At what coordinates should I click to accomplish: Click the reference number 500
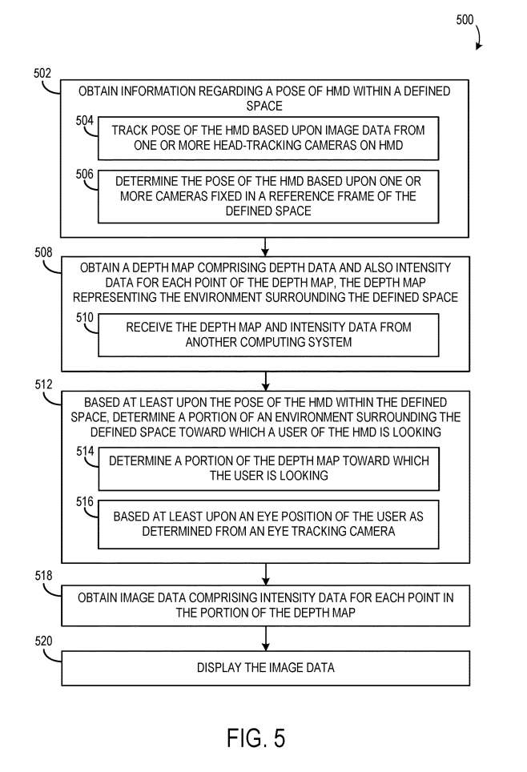pos(465,21)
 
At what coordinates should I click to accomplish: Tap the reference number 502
pos(42,73)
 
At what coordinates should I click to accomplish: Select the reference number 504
pos(85,122)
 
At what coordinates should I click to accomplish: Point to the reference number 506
pos(85,174)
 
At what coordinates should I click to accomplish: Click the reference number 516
pos(85,502)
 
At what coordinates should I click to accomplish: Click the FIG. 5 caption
pos(255,737)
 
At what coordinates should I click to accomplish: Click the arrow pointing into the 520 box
pos(265,639)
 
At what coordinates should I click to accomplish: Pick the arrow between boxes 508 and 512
pos(265,380)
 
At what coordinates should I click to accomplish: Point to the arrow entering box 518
pos(265,573)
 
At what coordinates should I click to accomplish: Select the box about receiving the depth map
pos(268,335)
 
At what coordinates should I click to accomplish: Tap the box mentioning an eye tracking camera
pos(268,525)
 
